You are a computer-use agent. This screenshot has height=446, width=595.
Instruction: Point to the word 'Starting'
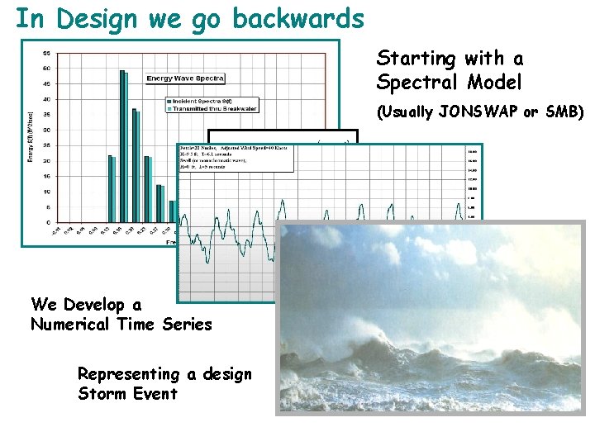click(416, 59)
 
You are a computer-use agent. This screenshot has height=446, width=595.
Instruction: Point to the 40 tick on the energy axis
click(48, 99)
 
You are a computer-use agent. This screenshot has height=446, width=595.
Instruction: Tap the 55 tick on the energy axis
click(48, 53)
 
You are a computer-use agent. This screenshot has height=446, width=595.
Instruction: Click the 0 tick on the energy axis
click(50, 223)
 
